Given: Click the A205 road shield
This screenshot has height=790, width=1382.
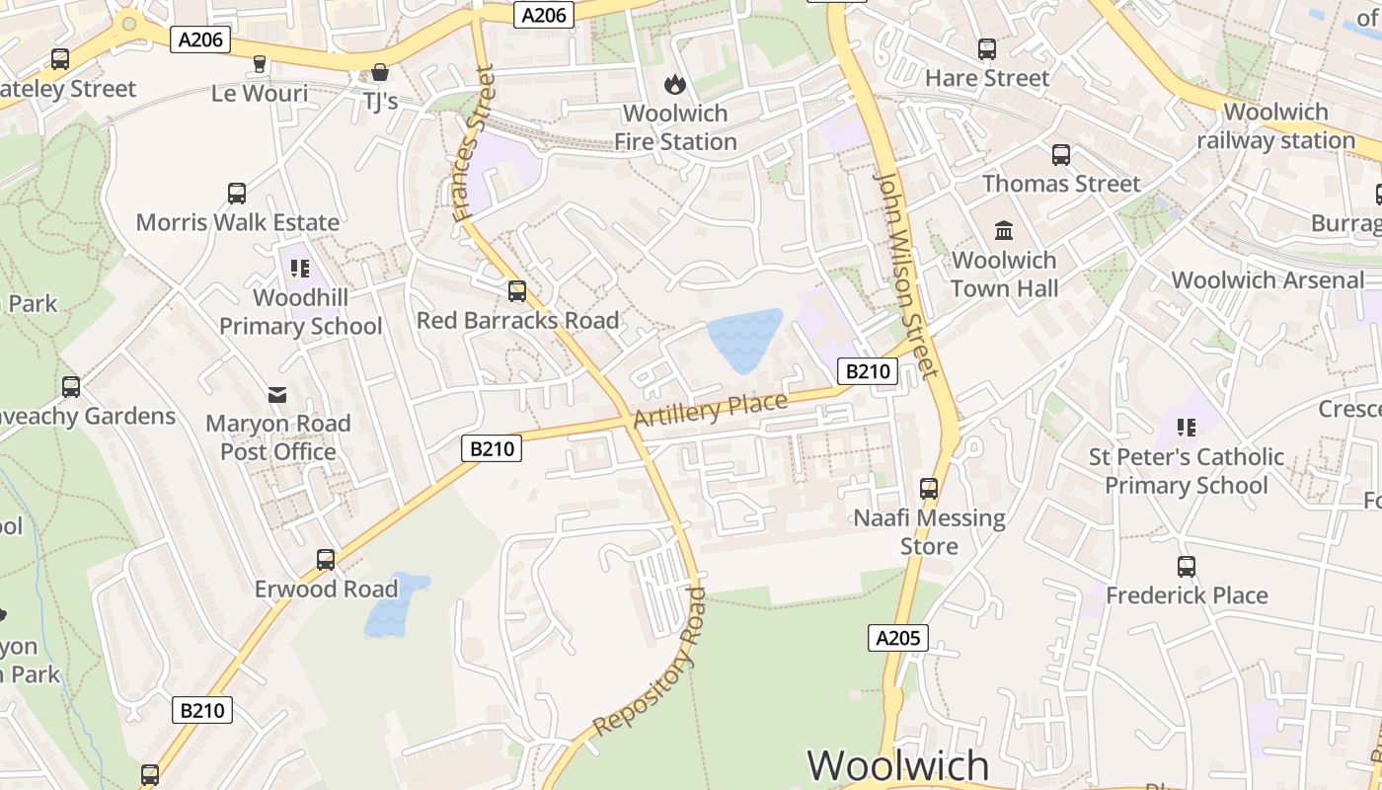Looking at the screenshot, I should [x=898, y=638].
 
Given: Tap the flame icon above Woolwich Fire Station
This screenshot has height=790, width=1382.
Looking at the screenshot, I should [x=675, y=85].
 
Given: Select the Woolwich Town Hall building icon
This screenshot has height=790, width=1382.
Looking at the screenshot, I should [x=1004, y=231].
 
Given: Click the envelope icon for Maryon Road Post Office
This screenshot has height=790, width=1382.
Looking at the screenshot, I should [x=278, y=395].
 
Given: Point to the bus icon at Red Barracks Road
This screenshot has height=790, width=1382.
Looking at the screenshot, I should [x=517, y=291].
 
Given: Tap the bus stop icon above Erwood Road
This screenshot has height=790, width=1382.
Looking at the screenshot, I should [x=326, y=560].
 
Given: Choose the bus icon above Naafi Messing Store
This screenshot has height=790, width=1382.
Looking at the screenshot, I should [x=929, y=489].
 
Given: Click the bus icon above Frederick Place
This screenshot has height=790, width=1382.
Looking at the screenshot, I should [x=1187, y=567].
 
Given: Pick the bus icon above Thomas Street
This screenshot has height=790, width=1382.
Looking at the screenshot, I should [x=1061, y=155].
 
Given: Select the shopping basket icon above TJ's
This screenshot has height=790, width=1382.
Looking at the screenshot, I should [x=380, y=72].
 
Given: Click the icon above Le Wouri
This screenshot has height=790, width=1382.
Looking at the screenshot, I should [x=260, y=64].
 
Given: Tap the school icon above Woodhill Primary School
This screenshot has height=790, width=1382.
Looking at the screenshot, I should [x=300, y=268].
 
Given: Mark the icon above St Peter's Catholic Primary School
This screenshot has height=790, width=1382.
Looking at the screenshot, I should [x=1187, y=428].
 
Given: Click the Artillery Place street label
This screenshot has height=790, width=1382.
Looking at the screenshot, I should [x=710, y=410].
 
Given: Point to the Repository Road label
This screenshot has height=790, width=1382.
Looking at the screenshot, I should [x=650, y=662].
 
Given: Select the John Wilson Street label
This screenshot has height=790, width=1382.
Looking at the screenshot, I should [x=906, y=276].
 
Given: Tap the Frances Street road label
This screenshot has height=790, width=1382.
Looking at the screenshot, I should [x=471, y=143].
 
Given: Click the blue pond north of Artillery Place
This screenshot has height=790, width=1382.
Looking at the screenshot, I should [x=744, y=339].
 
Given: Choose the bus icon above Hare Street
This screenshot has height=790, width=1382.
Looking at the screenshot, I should [x=986, y=49].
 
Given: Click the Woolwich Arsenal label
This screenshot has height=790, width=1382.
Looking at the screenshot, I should [x=1267, y=280].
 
